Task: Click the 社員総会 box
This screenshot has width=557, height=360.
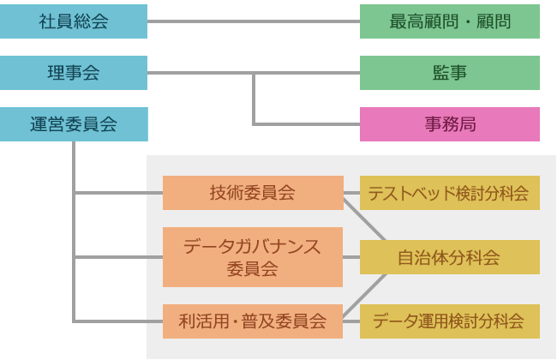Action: tap(74, 21)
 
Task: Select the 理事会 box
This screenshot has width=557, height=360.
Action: tap(74, 73)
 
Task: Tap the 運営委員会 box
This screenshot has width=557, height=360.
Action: tap(74, 123)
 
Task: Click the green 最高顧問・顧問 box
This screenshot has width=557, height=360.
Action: tap(450, 21)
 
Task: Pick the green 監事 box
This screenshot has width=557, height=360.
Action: tap(450, 73)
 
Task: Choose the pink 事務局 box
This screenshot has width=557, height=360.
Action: tap(450, 123)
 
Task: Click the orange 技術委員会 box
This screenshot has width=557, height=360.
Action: tap(252, 193)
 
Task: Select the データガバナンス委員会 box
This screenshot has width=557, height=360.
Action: tap(252, 257)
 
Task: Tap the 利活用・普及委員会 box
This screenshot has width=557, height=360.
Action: tap(252, 321)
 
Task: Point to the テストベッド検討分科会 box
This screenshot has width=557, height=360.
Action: tap(449, 193)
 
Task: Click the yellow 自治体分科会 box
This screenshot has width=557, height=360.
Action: tap(449, 257)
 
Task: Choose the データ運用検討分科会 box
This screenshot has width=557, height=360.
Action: tap(449, 321)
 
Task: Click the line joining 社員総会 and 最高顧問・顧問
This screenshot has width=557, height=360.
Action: tap(254, 21)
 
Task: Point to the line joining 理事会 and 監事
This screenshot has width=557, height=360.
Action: tap(308, 73)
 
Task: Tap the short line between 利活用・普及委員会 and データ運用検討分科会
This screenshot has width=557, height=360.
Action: tap(351, 321)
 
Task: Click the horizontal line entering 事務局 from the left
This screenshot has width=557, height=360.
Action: tap(308, 123)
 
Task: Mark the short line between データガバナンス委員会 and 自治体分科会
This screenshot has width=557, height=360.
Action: tap(351, 257)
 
